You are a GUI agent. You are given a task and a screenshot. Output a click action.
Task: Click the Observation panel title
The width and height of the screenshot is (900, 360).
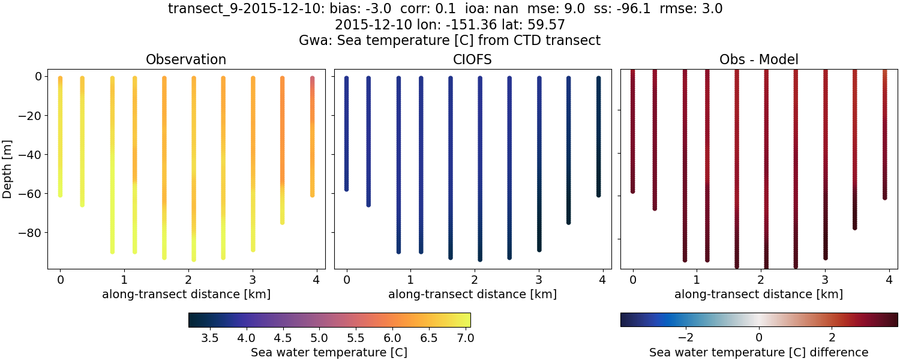click(x=186, y=59)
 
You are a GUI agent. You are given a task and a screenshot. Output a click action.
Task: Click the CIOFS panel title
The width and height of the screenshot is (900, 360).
click(x=472, y=59)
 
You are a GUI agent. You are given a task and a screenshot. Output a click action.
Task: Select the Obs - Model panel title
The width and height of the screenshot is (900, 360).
click(x=758, y=59)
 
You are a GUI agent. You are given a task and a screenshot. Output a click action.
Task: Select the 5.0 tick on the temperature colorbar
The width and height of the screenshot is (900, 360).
click(x=319, y=338)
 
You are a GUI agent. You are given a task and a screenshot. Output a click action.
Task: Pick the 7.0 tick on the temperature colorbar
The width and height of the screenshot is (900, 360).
click(x=465, y=338)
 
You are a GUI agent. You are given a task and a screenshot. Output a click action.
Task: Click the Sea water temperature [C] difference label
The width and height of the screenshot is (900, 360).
click(x=758, y=352)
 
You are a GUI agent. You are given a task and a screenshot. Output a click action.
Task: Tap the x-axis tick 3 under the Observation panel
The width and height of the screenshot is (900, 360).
click(x=253, y=280)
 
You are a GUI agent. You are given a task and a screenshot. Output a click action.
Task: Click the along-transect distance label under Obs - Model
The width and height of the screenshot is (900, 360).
click(x=758, y=294)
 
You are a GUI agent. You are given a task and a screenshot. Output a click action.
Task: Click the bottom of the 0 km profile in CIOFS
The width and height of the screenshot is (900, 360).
click(x=346, y=189)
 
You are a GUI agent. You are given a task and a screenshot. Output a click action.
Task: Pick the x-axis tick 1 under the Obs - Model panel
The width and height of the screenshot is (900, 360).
click(x=697, y=280)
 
